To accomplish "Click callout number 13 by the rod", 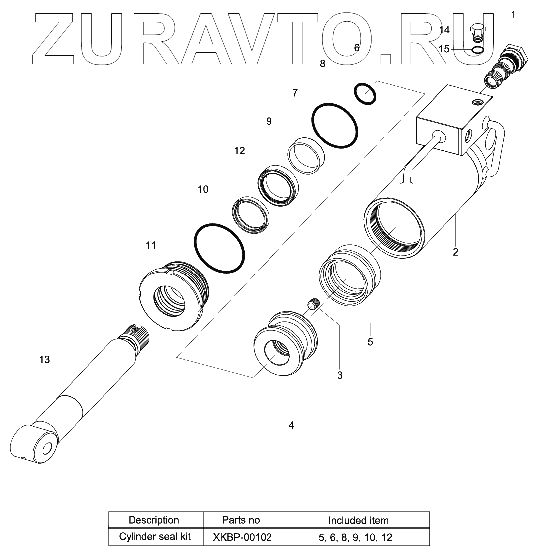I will [45, 359].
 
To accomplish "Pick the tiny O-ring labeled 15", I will [477, 50].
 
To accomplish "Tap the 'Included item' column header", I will [358, 520].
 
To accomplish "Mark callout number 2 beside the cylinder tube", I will [455, 252].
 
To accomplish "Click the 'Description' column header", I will [154, 520].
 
